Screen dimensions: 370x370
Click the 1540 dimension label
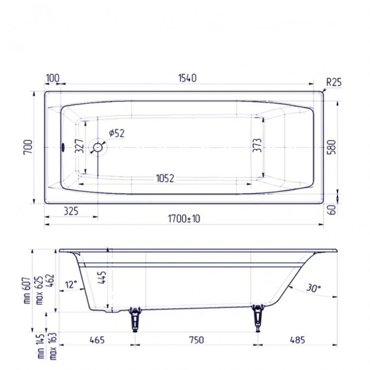tap(187, 78)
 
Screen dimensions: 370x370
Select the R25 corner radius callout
tap(334, 82)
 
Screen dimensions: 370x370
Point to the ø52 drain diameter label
tap(116, 134)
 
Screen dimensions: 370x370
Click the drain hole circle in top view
tap(99, 147)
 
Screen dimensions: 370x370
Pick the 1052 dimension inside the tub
tap(165, 179)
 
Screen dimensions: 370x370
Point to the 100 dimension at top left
tap(53, 78)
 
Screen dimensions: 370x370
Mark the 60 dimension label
tap(331, 210)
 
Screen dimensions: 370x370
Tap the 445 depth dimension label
tap(103, 277)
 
